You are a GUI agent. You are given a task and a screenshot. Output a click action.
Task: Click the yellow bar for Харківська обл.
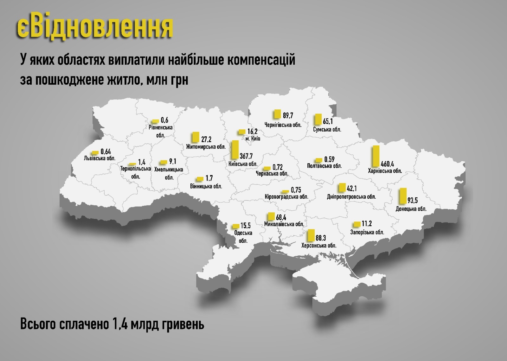[376, 156]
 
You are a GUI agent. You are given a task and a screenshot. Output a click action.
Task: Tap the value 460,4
[387, 164]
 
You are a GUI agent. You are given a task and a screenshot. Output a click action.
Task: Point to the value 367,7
[246, 156]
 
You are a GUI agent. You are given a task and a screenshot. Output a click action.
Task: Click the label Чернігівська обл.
[283, 125]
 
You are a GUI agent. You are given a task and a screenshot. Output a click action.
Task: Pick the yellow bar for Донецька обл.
[403, 196]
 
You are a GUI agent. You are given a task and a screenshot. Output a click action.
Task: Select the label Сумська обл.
[327, 129]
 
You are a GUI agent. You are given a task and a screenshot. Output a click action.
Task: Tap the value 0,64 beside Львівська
[106, 152]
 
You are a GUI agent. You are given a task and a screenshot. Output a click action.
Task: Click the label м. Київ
[253, 139]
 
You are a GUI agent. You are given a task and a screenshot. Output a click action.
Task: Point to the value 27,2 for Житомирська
[206, 139]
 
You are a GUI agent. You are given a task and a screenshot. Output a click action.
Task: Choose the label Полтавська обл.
[324, 166]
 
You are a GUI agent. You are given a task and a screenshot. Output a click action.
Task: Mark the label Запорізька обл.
[367, 232]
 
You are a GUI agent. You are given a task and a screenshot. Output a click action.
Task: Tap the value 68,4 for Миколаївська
[281, 217]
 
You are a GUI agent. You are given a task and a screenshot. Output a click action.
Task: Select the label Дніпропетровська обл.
[351, 197]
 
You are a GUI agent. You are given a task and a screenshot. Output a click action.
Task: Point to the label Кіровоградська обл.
[286, 197]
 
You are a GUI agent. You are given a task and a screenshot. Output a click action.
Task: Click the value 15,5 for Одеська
[246, 226]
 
